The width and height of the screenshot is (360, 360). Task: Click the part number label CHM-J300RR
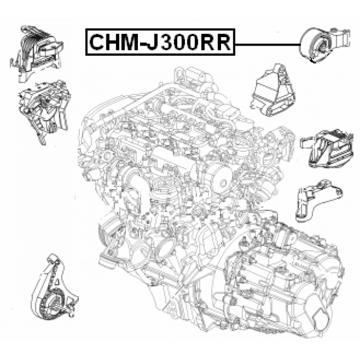click(160, 42)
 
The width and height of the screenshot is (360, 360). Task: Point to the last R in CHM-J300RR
click(224, 42)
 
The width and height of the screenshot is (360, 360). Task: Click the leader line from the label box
click(268, 44)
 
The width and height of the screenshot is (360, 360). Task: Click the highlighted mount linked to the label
click(325, 45)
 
